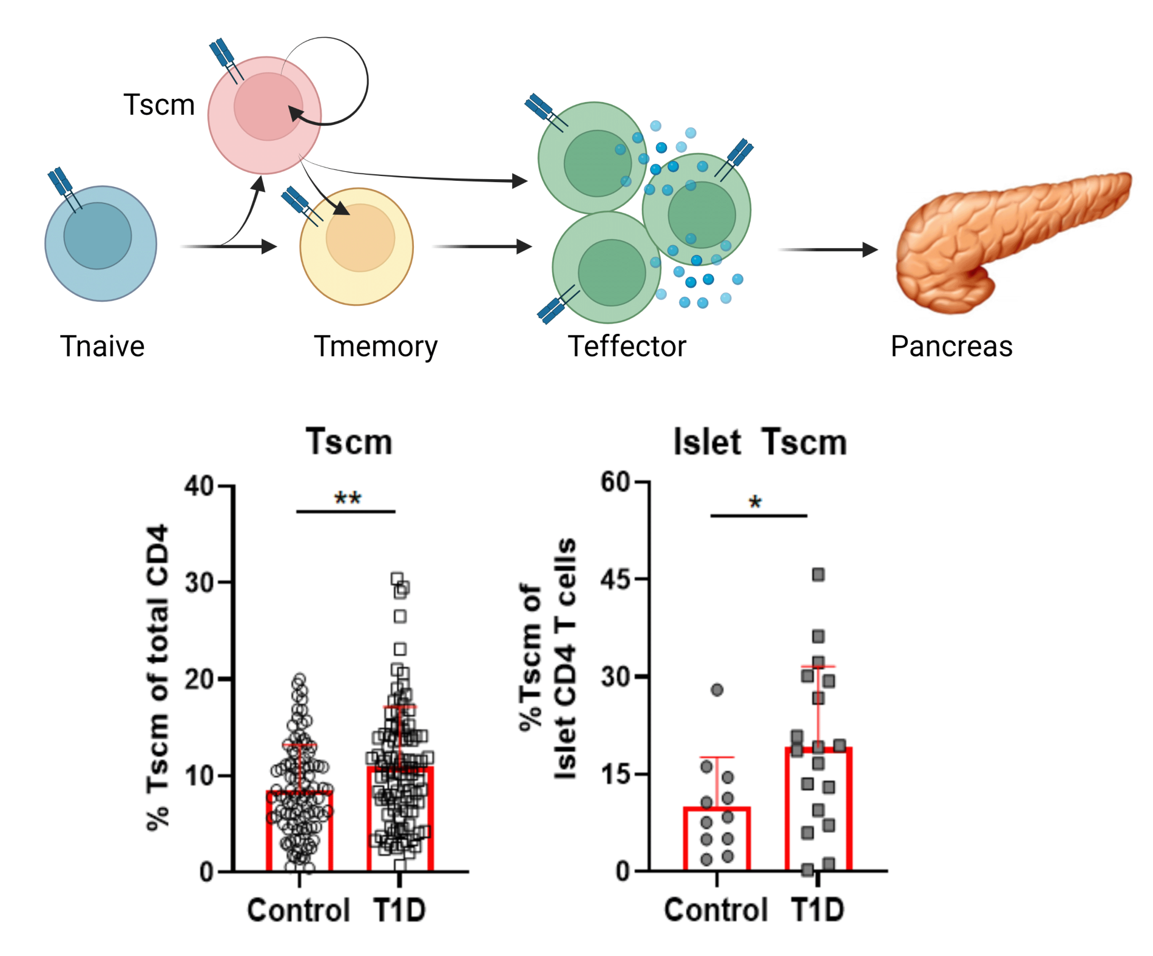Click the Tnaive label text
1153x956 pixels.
pyautogui.click(x=102, y=347)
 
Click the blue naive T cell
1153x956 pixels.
pyautogui.click(x=101, y=243)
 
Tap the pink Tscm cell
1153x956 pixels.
pyautogui.click(x=265, y=115)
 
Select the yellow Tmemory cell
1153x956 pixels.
pyautogui.click(x=357, y=246)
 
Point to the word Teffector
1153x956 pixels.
pyautogui.click(x=627, y=347)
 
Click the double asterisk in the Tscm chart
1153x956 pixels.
pyautogui.click(x=348, y=499)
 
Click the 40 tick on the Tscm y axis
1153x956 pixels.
pyautogui.click(x=200, y=486)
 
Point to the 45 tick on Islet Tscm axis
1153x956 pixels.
pyautogui.click(x=615, y=580)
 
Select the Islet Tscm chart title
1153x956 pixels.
pyautogui.click(x=760, y=442)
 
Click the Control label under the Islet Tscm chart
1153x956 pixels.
pyautogui.click(x=716, y=910)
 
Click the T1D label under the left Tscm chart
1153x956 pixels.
pyautogui.click(x=399, y=910)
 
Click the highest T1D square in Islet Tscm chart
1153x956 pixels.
pyautogui.click(x=818, y=574)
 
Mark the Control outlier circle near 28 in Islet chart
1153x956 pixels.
pyautogui.click(x=717, y=690)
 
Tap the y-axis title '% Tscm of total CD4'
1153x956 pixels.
pyautogui.click(x=158, y=677)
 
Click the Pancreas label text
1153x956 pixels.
pyautogui.click(x=951, y=347)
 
